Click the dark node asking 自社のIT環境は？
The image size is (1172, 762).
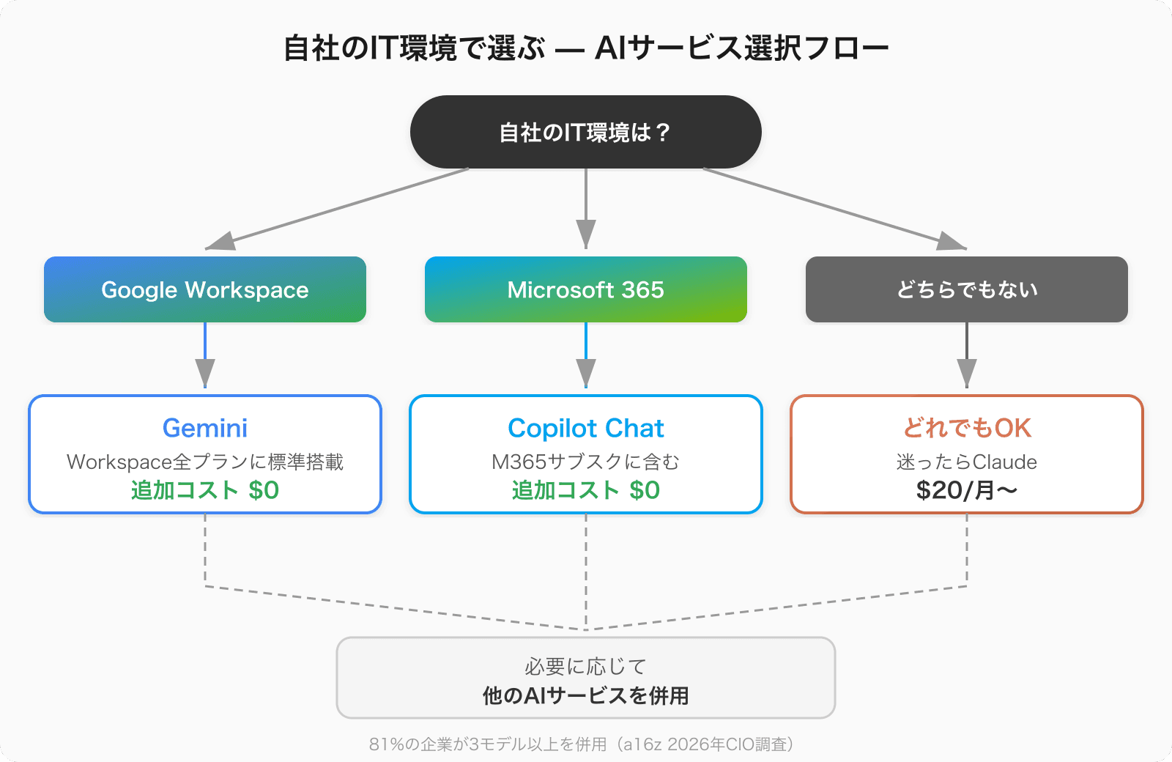click(x=585, y=132)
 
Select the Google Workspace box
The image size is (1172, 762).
click(x=205, y=289)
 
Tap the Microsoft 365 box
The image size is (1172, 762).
click(x=585, y=289)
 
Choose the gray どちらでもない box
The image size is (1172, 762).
click(x=966, y=289)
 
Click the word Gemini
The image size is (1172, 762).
click(x=205, y=428)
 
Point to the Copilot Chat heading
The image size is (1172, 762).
click(x=585, y=428)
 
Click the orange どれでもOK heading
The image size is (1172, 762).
click(x=966, y=428)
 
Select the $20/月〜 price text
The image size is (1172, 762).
click(x=966, y=490)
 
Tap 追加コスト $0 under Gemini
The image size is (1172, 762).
click(x=205, y=490)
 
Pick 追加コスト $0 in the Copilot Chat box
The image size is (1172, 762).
click(x=585, y=490)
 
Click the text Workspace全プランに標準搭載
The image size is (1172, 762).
click(x=205, y=462)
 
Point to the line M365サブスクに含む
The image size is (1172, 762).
click(x=585, y=462)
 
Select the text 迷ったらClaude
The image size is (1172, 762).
click(x=966, y=462)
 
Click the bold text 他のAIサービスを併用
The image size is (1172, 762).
click(x=585, y=695)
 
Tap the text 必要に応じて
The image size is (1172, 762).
click(x=585, y=666)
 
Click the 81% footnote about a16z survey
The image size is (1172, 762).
click(x=582, y=744)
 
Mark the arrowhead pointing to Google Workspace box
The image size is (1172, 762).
click(x=221, y=241)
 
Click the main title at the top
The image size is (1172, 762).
click(x=585, y=48)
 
